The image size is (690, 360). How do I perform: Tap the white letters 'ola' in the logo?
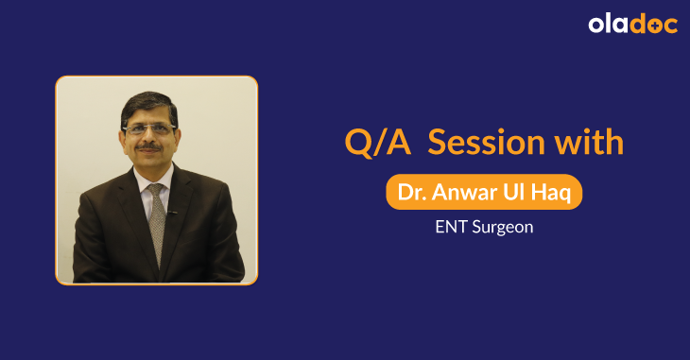pyautogui.click(x=607, y=25)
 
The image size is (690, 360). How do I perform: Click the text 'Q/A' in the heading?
pyautogui.click(x=371, y=143)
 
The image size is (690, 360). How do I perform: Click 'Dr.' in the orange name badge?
pyautogui.click(x=409, y=193)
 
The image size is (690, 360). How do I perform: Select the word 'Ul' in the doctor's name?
pyautogui.click(x=512, y=193)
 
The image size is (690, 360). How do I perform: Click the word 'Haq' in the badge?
pyautogui.click(x=550, y=193)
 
